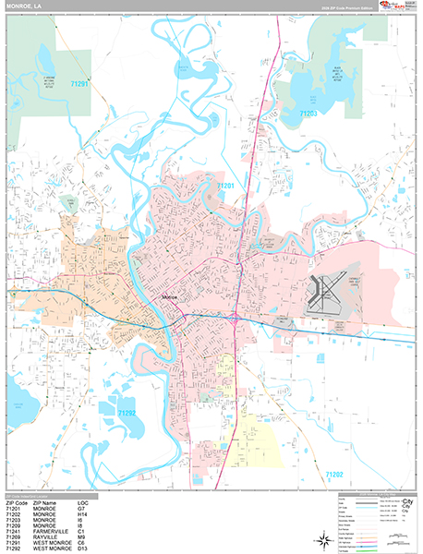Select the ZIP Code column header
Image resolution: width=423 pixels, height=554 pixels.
pyautogui.click(x=18, y=503)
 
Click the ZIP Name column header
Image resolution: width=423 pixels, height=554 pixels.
pyautogui.click(x=47, y=503)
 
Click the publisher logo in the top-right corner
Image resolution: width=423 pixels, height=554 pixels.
pyautogui.click(x=393, y=7)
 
